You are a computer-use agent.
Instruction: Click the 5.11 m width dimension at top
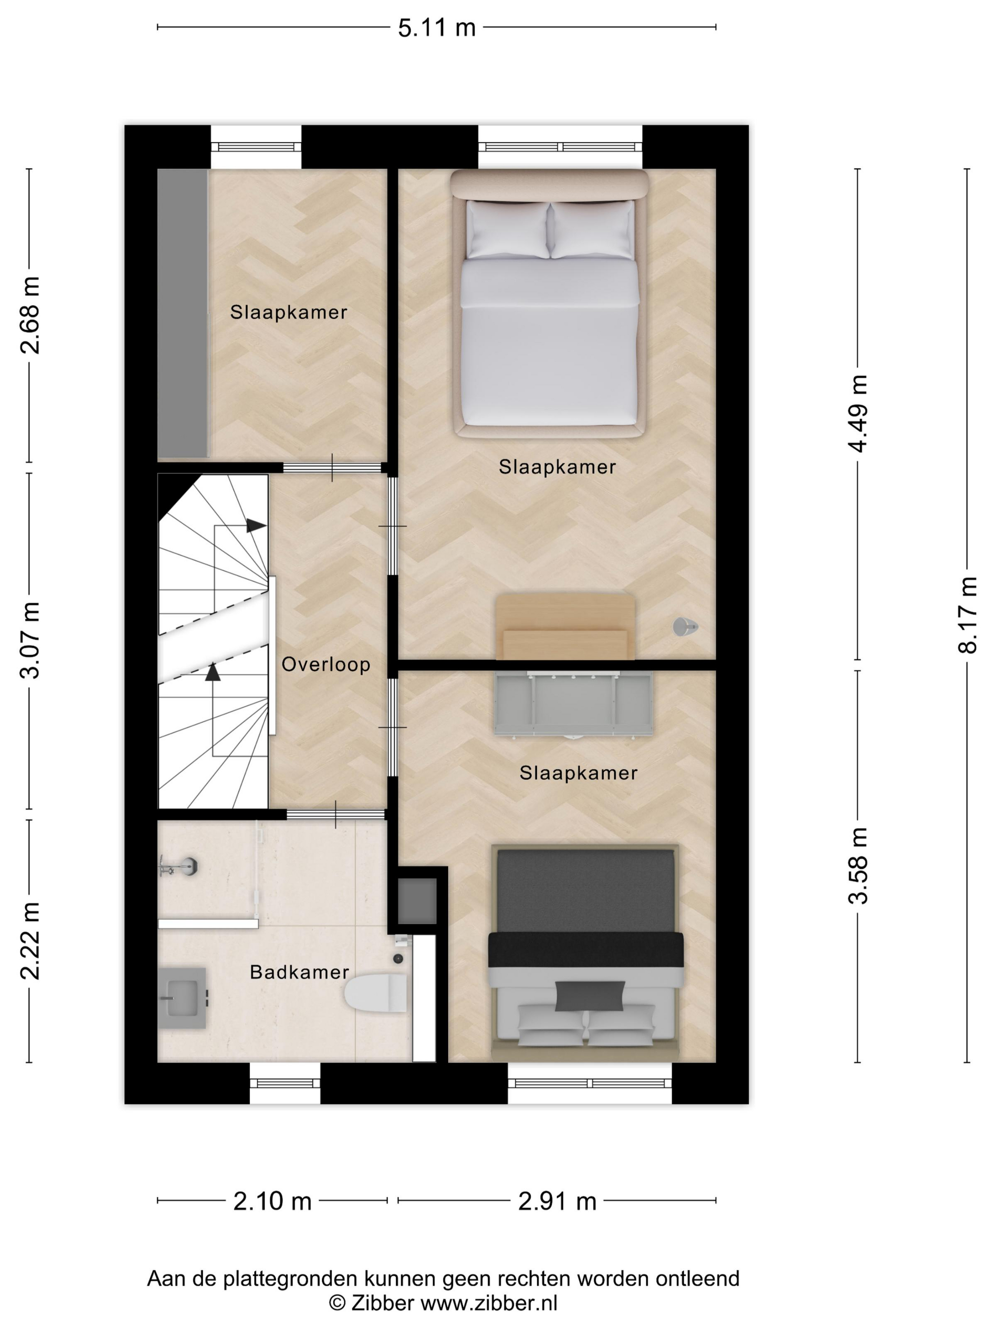[x=436, y=28]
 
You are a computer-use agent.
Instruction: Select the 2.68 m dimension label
[x=29, y=315]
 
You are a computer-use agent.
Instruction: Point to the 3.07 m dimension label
[x=29, y=640]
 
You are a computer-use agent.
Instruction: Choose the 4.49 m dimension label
[x=858, y=414]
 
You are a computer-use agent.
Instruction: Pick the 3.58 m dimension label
[x=858, y=865]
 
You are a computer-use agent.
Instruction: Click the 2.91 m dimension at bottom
[x=557, y=1201]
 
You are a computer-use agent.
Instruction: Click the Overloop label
[x=326, y=664]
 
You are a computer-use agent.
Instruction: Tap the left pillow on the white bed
[x=508, y=230]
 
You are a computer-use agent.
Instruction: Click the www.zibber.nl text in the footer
[x=489, y=1303]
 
